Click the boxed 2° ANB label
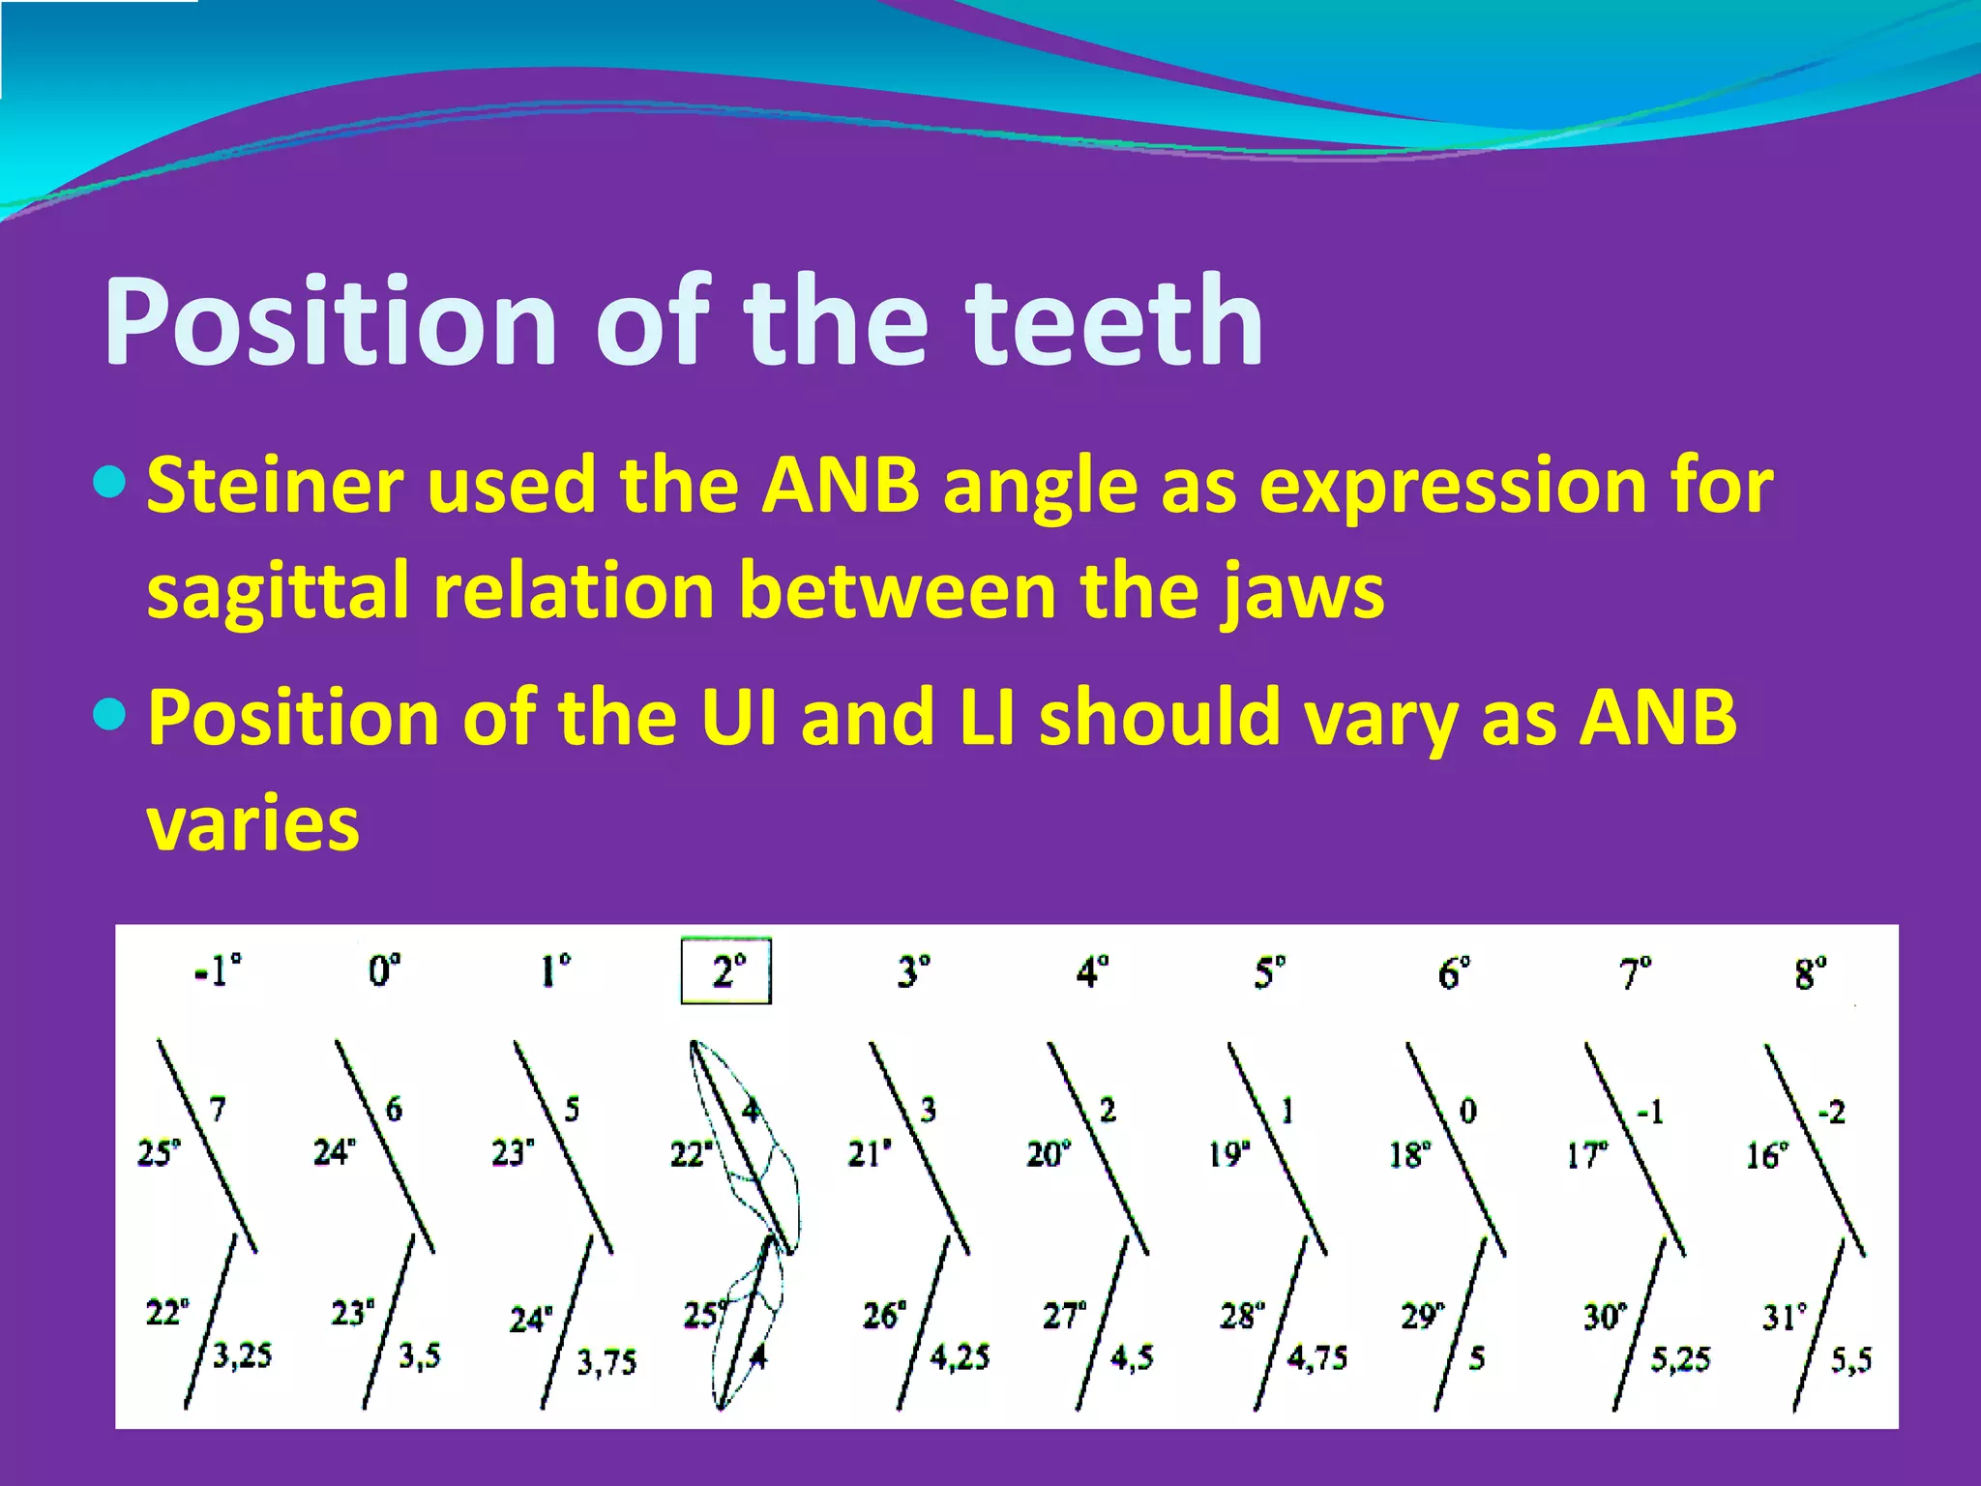click(726, 970)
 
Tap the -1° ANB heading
click(218, 969)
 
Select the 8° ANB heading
click(1811, 972)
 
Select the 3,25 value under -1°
click(242, 1355)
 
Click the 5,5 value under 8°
click(1850, 1361)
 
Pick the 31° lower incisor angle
click(1784, 1317)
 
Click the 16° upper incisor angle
click(1766, 1155)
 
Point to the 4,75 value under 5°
click(1316, 1358)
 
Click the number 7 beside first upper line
click(218, 1109)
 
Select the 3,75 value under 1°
click(606, 1363)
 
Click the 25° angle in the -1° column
click(159, 1153)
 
